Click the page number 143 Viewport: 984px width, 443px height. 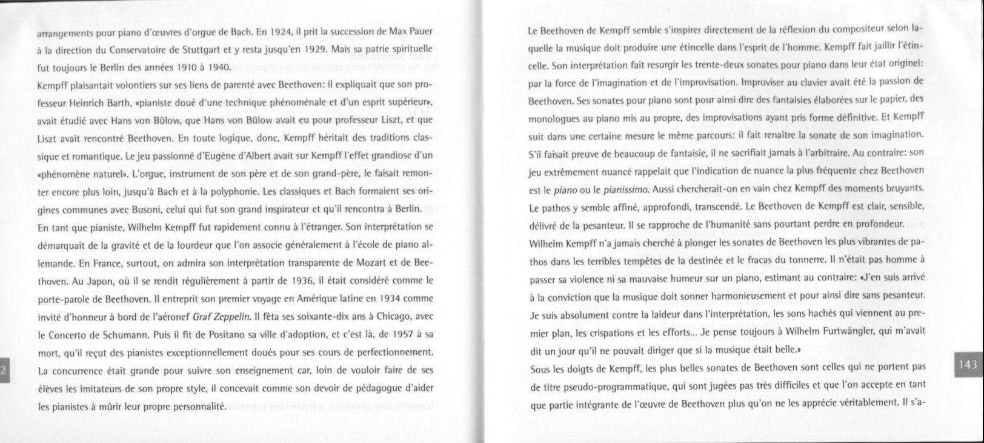968,365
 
